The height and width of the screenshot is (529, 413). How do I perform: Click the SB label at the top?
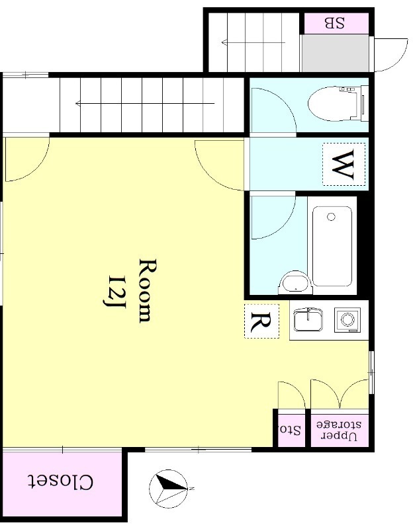[335, 23]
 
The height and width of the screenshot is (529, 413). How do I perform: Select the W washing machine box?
[344, 164]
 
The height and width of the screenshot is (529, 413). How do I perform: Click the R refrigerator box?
[261, 321]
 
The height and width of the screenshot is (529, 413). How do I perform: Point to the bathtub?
[332, 246]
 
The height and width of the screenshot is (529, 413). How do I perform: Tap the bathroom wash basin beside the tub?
[296, 282]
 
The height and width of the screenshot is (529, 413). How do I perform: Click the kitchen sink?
[308, 319]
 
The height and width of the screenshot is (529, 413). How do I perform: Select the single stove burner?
[347, 319]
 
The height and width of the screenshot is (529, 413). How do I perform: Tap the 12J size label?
[114, 292]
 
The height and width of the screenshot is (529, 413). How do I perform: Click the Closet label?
[60, 482]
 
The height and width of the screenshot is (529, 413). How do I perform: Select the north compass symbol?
[169, 488]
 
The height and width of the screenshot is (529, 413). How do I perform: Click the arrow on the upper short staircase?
[253, 42]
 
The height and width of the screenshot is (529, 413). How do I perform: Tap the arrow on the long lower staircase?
[145, 103]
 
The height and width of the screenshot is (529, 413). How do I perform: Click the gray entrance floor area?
[334, 53]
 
